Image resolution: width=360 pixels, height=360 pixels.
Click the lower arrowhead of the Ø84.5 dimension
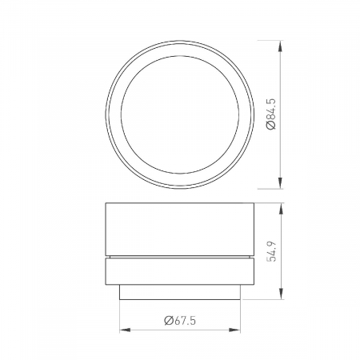click(x=279, y=181)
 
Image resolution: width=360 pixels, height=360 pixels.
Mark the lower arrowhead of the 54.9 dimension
click(x=279, y=295)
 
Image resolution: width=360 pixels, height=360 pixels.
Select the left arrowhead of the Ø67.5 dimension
click(x=124, y=329)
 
